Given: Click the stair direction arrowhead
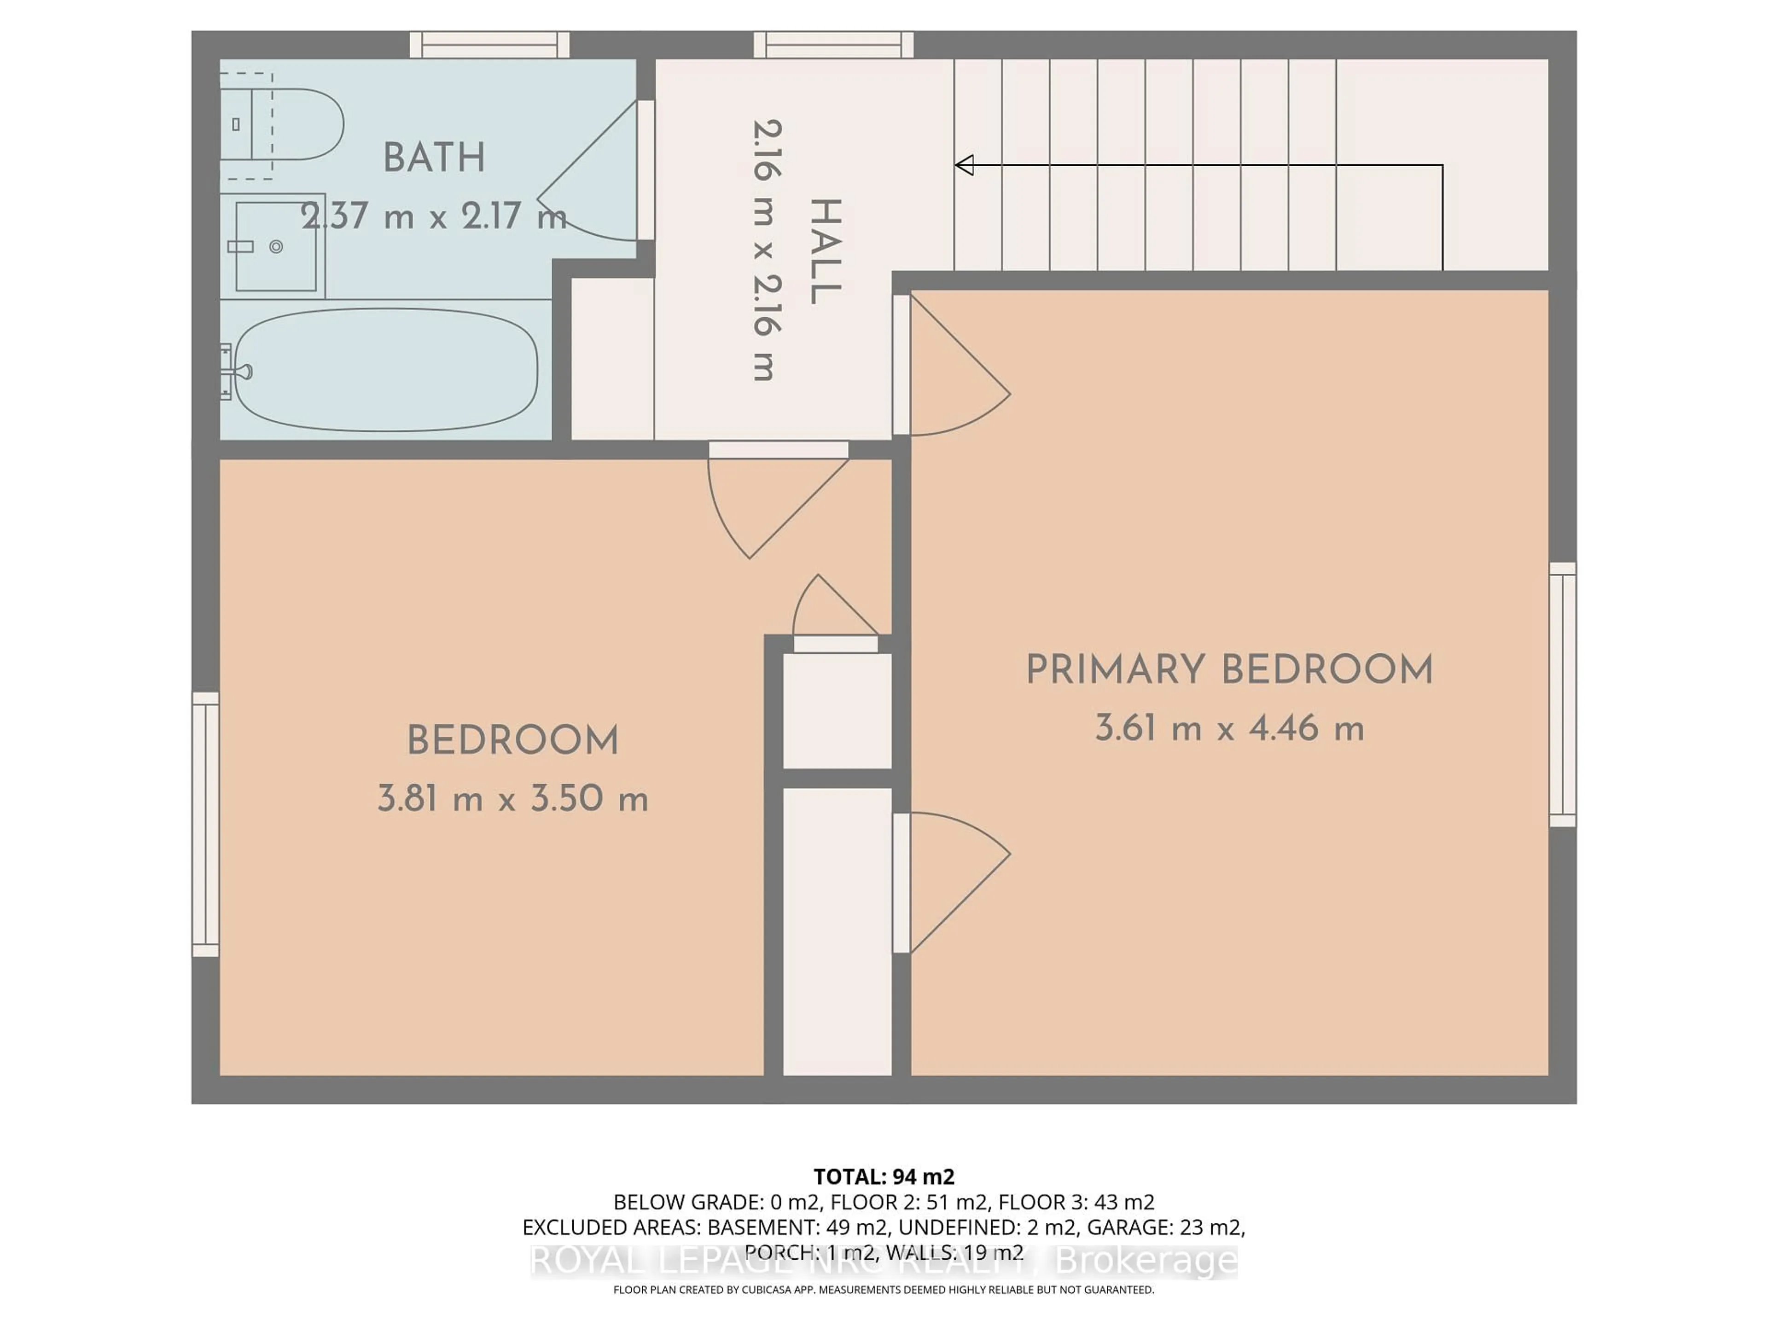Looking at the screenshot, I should [x=965, y=165].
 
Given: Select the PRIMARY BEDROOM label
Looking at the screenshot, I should [x=1229, y=670].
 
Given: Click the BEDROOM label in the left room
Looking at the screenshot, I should [x=512, y=740].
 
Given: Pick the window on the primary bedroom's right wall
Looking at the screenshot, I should [x=1563, y=694].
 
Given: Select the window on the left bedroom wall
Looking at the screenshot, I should [x=205, y=824].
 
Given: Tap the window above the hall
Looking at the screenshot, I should [x=834, y=45].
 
